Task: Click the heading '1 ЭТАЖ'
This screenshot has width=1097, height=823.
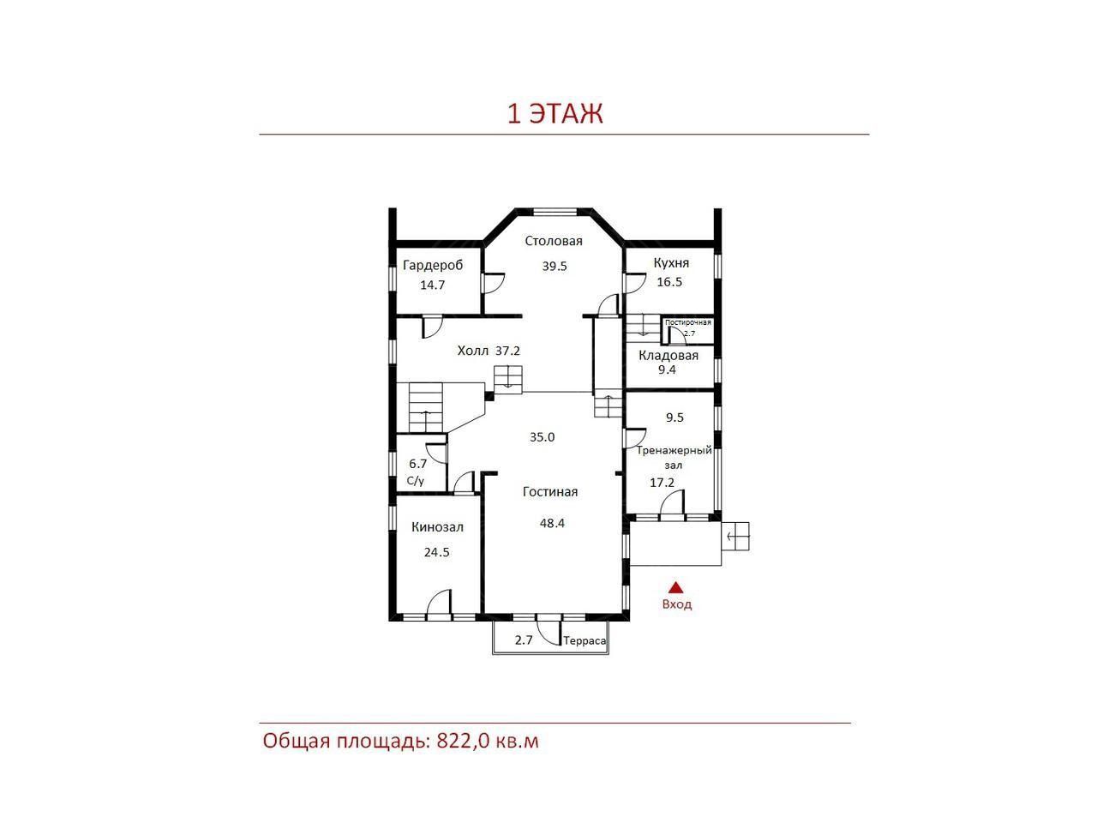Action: tap(554, 114)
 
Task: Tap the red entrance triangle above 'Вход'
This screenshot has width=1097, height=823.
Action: tap(675, 586)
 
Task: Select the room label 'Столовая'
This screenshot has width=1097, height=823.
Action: tap(554, 241)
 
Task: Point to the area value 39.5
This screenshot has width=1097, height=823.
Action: tap(554, 266)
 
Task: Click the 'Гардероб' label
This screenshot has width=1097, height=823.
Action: tap(433, 266)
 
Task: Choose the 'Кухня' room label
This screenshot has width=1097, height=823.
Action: tap(671, 263)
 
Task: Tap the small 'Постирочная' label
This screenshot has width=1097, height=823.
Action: tap(687, 323)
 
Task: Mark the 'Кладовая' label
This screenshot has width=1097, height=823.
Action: tap(668, 356)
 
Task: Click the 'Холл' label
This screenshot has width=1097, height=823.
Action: tap(473, 351)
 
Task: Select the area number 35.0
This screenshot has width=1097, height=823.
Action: tap(543, 437)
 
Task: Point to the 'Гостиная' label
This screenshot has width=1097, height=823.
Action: tap(550, 492)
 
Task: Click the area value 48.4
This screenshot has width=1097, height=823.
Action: tap(552, 523)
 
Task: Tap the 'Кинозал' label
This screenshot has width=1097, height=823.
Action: tap(437, 527)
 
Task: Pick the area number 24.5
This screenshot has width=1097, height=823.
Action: tap(437, 552)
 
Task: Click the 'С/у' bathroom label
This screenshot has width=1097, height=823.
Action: tap(416, 481)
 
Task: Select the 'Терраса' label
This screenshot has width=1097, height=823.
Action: tap(584, 640)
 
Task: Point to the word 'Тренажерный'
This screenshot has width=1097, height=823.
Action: tap(674, 450)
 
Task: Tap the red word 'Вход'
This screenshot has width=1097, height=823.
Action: tap(677, 604)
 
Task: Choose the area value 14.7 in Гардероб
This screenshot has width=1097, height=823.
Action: tap(432, 285)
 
